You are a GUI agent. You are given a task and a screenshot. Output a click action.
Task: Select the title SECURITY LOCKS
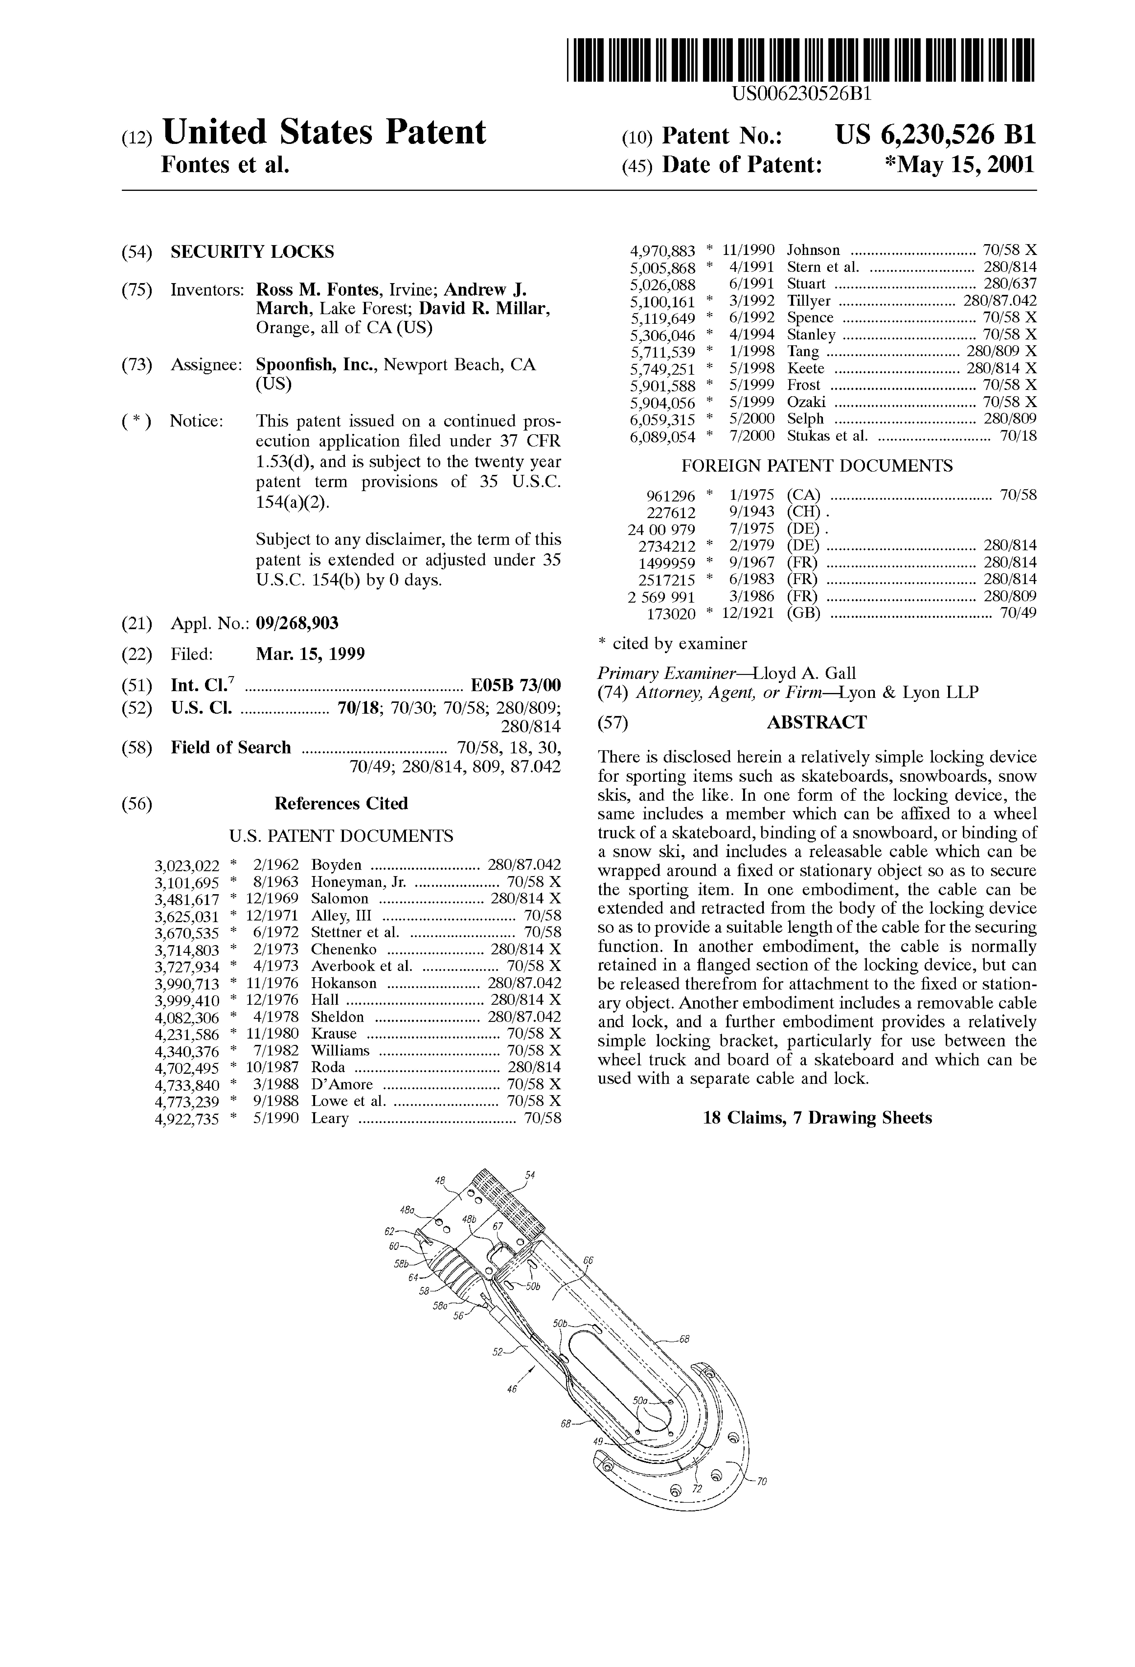click(x=252, y=252)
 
